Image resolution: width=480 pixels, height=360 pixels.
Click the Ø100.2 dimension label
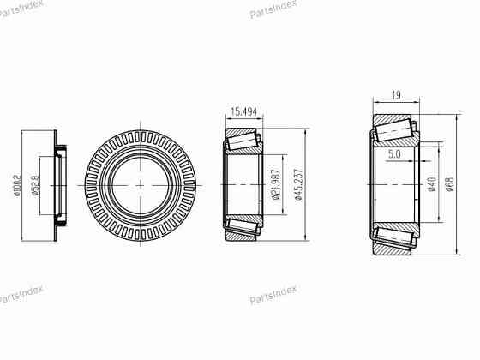click(17, 186)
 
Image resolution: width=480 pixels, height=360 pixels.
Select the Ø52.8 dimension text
click(35, 185)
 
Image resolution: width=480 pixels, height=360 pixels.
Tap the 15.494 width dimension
click(243, 111)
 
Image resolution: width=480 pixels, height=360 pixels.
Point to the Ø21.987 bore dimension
click(276, 184)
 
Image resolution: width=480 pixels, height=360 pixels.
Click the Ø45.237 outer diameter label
click(298, 184)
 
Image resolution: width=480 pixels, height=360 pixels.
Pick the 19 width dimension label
click(396, 95)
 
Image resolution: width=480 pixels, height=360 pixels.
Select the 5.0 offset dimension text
click(394, 154)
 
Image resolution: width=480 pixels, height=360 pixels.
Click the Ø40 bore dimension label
click(432, 184)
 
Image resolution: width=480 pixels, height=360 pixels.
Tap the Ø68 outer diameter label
click(450, 184)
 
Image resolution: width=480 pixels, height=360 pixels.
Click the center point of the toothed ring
click(141, 185)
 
